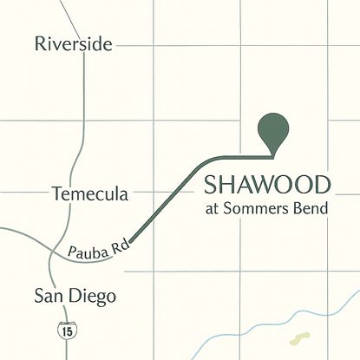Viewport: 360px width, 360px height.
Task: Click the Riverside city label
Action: pos(73,43)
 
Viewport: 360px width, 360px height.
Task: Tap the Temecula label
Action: pos(89,193)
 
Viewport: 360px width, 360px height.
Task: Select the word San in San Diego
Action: pos(49,296)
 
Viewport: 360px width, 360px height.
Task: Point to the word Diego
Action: pos(93,297)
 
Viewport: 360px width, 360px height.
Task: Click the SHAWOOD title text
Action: pos(267,185)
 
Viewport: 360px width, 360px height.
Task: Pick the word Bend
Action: pos(312,209)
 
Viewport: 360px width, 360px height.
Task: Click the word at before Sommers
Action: pos(212,210)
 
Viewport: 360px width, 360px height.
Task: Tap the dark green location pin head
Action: pos(275,129)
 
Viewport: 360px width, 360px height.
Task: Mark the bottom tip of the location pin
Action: pos(275,157)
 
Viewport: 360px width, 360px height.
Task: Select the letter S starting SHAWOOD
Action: pos(210,185)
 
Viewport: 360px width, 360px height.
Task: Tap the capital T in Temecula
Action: pos(56,193)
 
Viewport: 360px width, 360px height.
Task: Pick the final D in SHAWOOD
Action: pos(322,185)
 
